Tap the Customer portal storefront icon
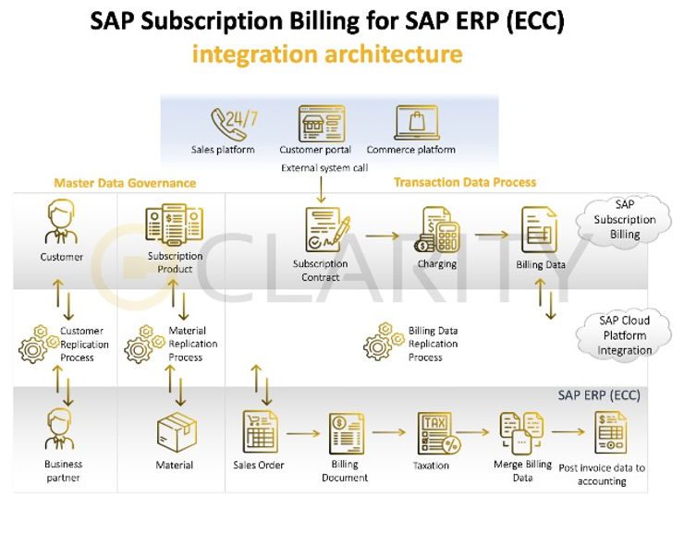click(315, 122)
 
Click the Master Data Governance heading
click(125, 183)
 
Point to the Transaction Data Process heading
click(465, 182)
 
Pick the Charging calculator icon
click(437, 230)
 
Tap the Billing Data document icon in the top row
click(540, 230)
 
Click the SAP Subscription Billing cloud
click(624, 220)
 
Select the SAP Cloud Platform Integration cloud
click(624, 335)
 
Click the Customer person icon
click(62, 225)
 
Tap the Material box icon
click(174, 431)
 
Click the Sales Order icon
click(259, 431)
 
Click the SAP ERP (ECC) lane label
click(599, 394)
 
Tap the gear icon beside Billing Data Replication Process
click(380, 341)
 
